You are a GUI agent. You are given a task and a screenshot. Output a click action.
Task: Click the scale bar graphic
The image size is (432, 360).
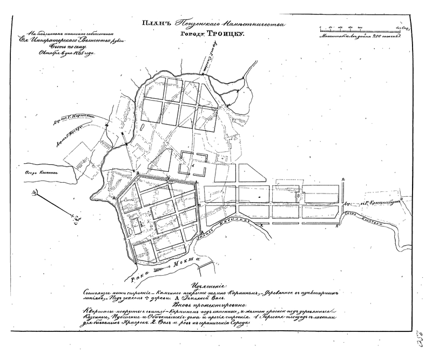pos(360,28)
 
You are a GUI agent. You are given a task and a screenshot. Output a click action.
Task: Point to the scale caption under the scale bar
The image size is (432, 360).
pos(360,37)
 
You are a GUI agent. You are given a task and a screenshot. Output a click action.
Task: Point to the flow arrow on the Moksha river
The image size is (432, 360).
pos(160,268)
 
